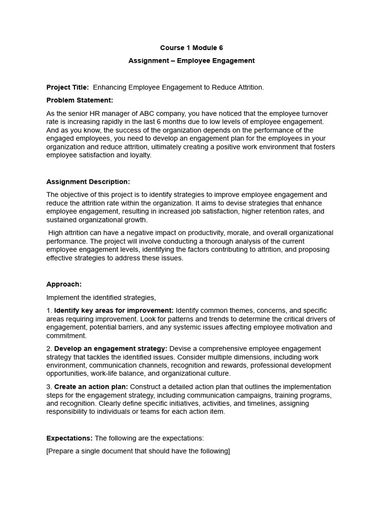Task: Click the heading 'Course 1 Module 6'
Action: coord(191,48)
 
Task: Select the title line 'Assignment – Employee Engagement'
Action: coord(191,61)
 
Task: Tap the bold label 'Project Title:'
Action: coord(67,87)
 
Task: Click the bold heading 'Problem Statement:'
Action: coord(79,100)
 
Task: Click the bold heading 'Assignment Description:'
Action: coord(88,181)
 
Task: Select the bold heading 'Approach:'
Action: coord(64,284)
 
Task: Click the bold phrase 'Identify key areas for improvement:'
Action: coord(113,311)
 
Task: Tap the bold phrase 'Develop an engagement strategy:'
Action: coord(111,349)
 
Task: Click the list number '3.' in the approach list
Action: coord(49,387)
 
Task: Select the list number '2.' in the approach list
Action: coord(49,349)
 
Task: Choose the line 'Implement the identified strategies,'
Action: coord(101,298)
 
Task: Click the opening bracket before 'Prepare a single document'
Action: coord(47,451)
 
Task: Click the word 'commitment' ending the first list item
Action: coord(66,336)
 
